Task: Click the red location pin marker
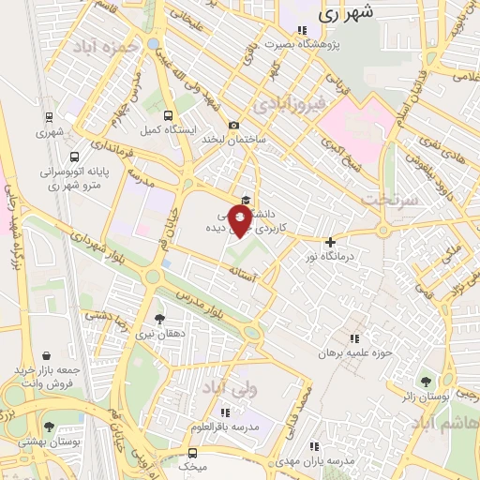pyautogui.click(x=240, y=221)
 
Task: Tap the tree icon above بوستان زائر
pyautogui.click(x=427, y=381)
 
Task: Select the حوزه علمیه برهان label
pyautogui.click(x=353, y=353)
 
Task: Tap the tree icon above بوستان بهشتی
pyautogui.click(x=49, y=427)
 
